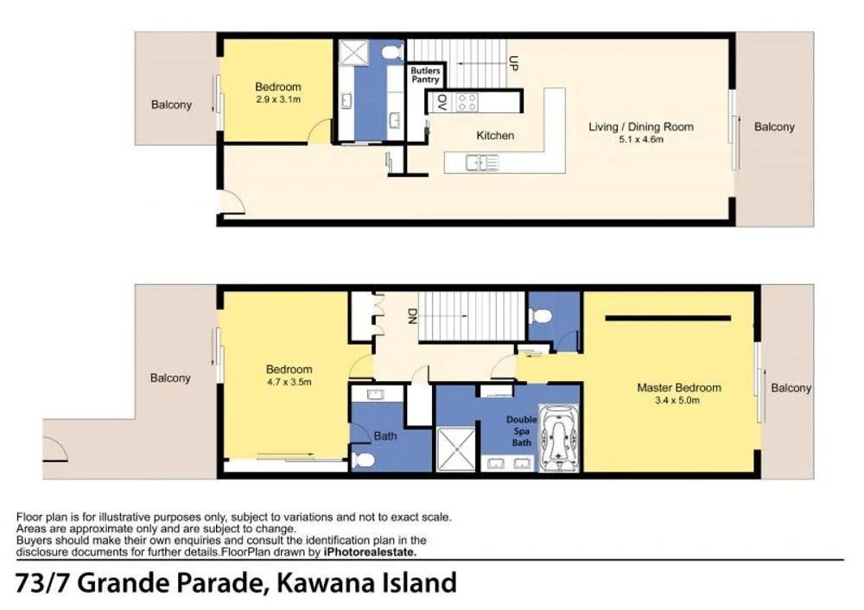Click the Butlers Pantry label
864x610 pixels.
424,74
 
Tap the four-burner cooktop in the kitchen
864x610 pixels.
467,103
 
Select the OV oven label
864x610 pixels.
441,103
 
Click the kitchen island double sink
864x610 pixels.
480,162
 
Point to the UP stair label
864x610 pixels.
512,63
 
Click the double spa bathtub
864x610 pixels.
560,437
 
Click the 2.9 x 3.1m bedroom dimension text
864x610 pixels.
277,99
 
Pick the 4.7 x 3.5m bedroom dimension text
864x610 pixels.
289,381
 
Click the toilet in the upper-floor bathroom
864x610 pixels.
391,54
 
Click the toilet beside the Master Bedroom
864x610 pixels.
542,315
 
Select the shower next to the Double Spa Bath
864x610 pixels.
456,449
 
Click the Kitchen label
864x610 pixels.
495,136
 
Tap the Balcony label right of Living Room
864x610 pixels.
773,127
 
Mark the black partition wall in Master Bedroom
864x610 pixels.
668,318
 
